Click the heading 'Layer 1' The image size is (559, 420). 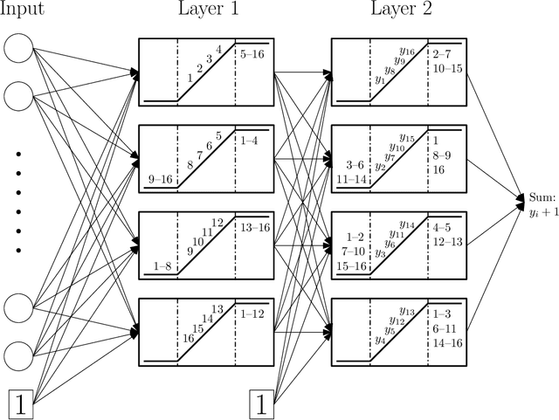[x=205, y=10]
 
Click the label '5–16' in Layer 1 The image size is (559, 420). [x=253, y=54]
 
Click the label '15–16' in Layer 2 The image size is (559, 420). [x=351, y=265]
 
